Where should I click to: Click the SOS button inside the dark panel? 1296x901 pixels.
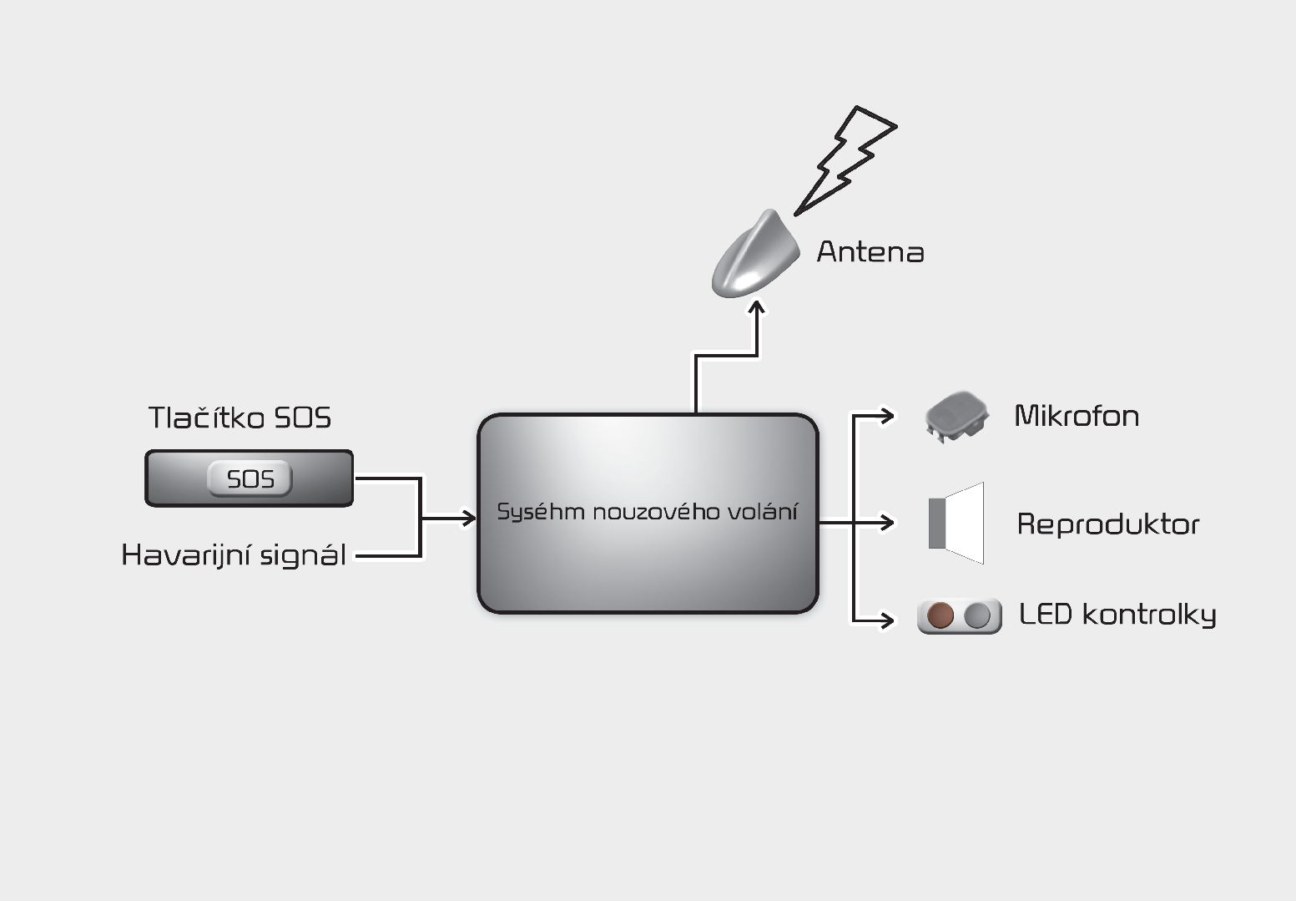point(250,478)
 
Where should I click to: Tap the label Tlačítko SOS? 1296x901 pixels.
point(240,418)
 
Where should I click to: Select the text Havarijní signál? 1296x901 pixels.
point(234,555)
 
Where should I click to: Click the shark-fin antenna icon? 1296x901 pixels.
point(755,254)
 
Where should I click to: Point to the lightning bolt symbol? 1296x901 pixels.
point(845,160)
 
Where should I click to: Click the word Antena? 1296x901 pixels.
point(870,252)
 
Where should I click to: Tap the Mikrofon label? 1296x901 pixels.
point(1077,416)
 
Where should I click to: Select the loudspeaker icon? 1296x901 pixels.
point(956,523)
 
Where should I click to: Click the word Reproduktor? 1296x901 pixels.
point(1108,524)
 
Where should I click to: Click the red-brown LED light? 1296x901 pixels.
point(940,615)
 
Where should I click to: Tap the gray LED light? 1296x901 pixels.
point(977,615)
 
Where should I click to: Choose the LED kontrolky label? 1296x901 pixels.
point(1117,615)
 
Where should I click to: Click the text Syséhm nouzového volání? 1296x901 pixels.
point(648,512)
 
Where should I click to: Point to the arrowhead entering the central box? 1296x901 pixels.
point(467,518)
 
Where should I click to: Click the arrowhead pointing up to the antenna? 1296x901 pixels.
point(756,307)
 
